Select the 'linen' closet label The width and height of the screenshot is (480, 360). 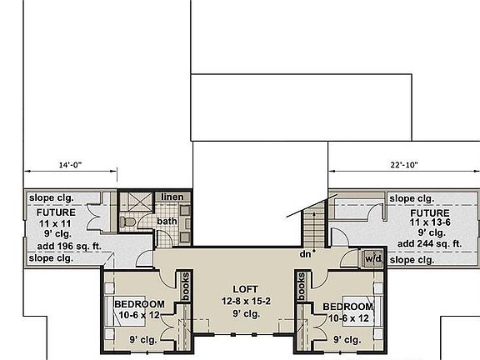pos(172,197)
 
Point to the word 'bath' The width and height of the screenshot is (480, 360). pos(167,221)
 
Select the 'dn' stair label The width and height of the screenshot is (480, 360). pos(307,254)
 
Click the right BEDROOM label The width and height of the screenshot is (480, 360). pos(347,307)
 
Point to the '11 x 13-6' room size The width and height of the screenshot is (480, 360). pos(430,222)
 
